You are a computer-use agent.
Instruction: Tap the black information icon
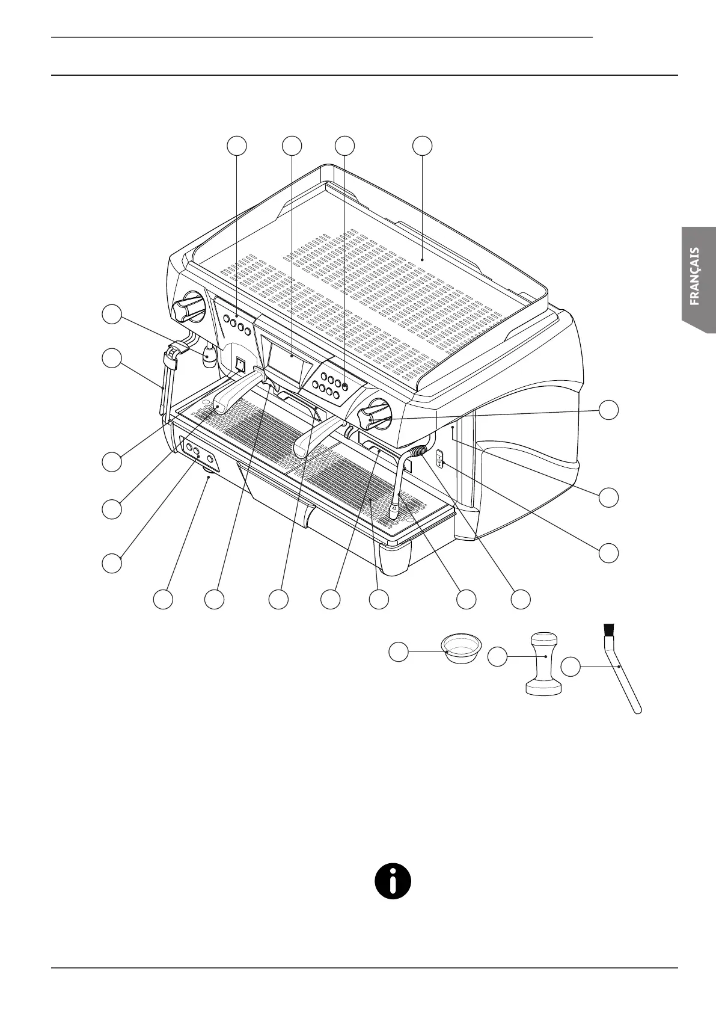[x=393, y=881]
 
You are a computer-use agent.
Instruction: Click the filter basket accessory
[x=461, y=647]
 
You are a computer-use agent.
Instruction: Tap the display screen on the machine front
[x=290, y=363]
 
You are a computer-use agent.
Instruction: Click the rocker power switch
[x=240, y=365]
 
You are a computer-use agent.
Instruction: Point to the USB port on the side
[x=439, y=459]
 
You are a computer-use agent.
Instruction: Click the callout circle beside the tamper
[x=497, y=657]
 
